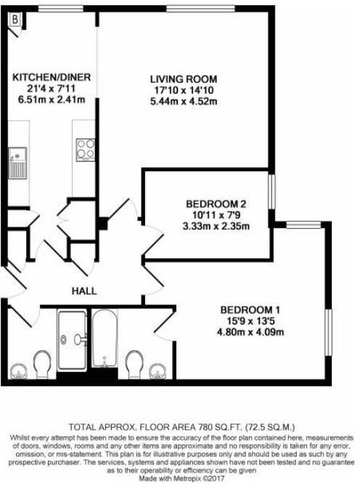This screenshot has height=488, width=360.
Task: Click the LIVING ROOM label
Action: tap(184, 79)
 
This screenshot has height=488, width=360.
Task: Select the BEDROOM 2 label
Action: tap(208, 204)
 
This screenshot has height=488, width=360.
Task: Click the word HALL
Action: tap(84, 291)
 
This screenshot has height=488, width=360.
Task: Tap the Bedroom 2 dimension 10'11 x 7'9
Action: tap(208, 215)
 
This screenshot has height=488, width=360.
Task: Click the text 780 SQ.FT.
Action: tap(205, 426)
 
